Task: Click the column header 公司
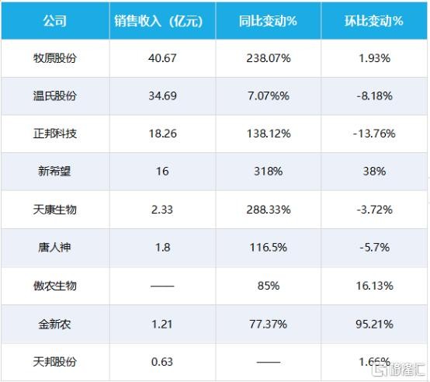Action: click(54, 21)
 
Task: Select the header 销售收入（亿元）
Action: click(161, 21)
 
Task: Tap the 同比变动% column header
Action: click(269, 21)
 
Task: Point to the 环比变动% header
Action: click(374, 21)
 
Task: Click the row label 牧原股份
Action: click(54, 59)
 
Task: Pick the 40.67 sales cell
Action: click(161, 59)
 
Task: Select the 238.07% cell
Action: click(269, 59)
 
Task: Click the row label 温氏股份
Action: click(54, 96)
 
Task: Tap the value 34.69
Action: click(161, 96)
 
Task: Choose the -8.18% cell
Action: click(374, 96)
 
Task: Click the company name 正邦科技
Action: click(54, 134)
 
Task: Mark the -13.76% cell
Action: click(374, 134)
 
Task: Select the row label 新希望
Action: click(54, 172)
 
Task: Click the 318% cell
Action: click(269, 172)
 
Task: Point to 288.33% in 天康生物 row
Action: click(269, 210)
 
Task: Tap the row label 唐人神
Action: click(54, 248)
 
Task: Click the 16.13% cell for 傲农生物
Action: click(374, 286)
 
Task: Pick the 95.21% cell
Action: click(374, 324)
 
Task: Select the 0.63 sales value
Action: click(161, 362)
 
